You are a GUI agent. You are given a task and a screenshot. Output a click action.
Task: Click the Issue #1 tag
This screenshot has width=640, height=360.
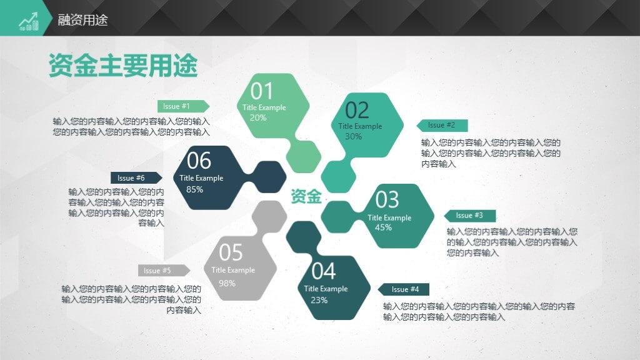183,106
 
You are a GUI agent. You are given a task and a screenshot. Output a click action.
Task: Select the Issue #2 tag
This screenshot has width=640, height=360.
442,125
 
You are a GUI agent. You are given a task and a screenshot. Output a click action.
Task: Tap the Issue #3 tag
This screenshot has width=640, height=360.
470,216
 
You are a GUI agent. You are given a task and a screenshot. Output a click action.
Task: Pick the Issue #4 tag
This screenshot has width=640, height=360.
403,289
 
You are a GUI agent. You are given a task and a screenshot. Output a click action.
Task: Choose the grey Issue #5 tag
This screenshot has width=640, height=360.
164,271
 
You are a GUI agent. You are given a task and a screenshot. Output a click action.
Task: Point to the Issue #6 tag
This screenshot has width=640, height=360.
136,178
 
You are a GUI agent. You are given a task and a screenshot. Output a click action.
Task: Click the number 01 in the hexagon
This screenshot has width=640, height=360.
261,91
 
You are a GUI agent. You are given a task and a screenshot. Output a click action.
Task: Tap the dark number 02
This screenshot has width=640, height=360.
357,110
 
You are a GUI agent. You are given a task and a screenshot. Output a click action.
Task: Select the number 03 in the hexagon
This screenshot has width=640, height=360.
387,200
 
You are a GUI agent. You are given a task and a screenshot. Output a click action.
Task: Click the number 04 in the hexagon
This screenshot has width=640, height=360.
323,271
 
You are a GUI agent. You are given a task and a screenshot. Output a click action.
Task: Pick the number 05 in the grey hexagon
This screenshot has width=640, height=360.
231,252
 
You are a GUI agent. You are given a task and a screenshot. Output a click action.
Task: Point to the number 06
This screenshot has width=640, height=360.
199,161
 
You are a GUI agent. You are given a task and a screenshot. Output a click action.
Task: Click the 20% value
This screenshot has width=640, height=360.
258,117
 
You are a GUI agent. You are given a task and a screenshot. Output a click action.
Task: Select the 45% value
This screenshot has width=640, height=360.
383,227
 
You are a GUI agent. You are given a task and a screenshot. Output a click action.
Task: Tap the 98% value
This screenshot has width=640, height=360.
227,283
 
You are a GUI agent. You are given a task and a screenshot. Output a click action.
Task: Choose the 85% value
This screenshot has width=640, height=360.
195,189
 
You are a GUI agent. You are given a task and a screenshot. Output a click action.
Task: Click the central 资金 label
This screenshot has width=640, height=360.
306,196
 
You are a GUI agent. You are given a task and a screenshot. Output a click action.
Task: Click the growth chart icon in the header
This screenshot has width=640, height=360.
29,21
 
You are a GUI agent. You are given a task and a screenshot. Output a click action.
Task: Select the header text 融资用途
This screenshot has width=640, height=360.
82,20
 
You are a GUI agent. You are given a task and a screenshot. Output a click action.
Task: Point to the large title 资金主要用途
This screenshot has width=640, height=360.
123,65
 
